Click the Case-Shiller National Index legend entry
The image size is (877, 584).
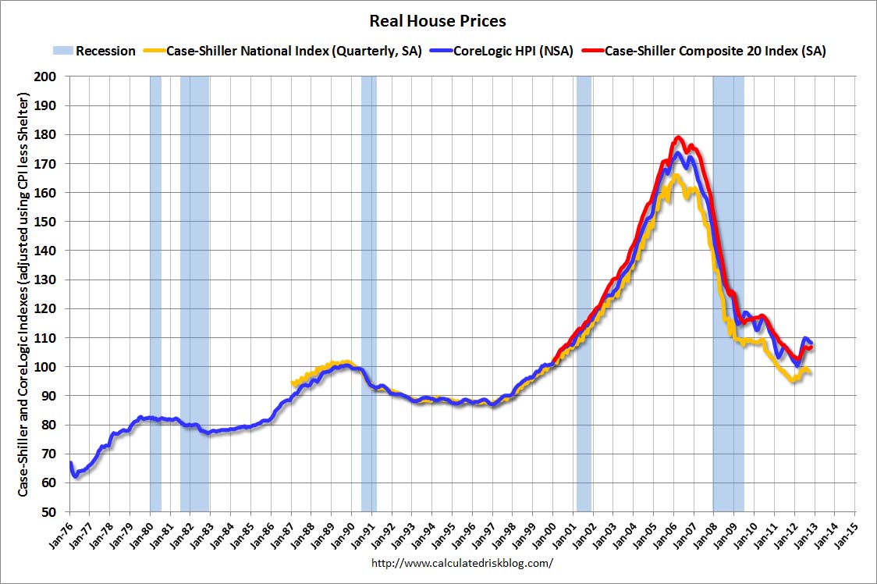point(294,52)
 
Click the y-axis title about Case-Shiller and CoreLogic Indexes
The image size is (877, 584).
point(23,294)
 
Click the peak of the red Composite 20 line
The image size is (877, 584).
point(678,138)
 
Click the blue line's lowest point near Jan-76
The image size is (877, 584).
point(75,475)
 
